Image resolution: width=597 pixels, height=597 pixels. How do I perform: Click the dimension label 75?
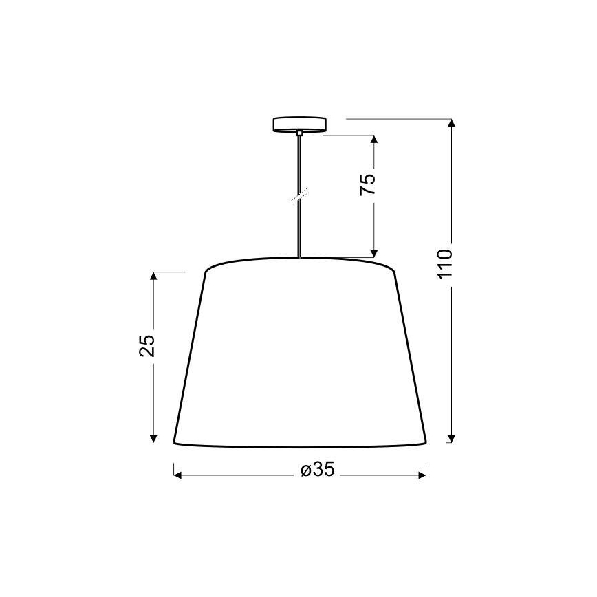coord(369,184)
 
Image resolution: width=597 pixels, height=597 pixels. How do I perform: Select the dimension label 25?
coord(147,345)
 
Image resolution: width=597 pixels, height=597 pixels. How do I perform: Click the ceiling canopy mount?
coord(300,125)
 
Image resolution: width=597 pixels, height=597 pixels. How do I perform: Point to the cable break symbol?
coord(300,197)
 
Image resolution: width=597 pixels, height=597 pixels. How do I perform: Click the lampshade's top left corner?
coord(206,271)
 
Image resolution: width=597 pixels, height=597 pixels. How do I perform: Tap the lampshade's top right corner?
coord(395,271)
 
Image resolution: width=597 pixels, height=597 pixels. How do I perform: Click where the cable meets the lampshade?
coord(300,257)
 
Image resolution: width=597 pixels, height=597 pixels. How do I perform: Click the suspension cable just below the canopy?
coord(300,141)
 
